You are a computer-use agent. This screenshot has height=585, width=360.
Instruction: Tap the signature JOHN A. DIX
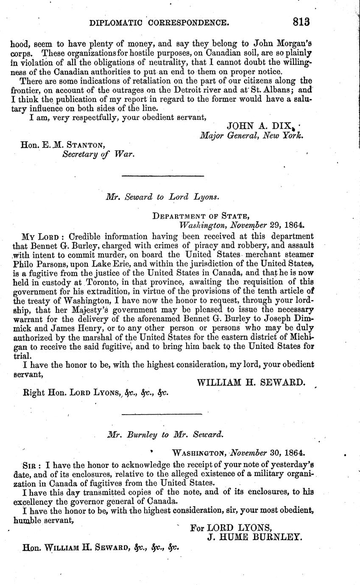[260, 126]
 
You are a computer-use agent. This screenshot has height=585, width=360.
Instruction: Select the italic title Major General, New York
[252, 136]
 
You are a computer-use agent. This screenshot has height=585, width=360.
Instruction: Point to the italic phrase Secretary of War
[98, 154]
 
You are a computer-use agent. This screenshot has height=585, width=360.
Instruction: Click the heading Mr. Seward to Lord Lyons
[163, 196]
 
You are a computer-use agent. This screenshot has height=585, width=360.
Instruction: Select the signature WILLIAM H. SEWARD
[251, 382]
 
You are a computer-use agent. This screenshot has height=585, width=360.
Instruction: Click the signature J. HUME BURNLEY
[254, 537]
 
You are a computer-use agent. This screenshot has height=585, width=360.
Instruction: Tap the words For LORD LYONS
[231, 527]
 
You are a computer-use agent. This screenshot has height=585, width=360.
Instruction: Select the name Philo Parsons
[46, 264]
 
